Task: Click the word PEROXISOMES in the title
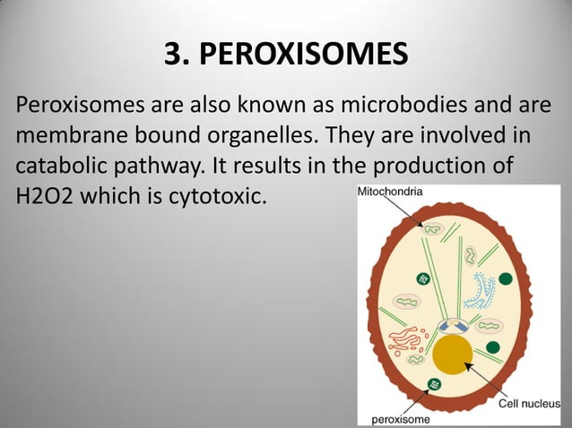304,55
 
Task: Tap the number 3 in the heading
174,55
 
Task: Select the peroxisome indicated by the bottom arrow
435,384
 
